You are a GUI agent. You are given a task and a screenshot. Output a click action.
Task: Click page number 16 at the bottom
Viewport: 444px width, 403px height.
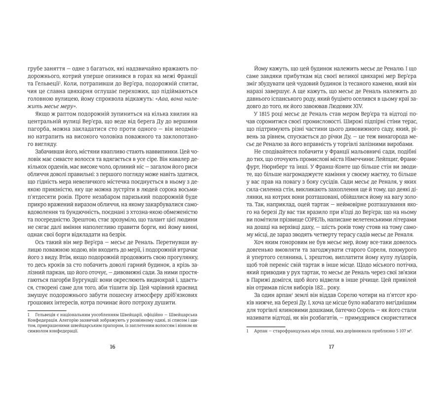112,347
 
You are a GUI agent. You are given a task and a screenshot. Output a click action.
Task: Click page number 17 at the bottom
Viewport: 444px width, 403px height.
331,347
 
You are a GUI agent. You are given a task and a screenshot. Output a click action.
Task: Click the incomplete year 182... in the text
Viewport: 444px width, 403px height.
327,288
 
